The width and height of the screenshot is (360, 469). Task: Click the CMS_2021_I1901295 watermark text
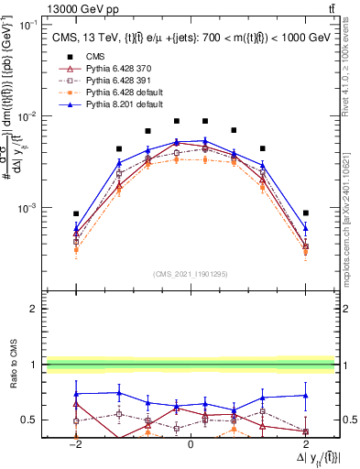[x=191, y=274]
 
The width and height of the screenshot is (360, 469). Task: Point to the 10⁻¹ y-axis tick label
[x=28, y=26]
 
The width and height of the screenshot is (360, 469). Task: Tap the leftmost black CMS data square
[x=77, y=213]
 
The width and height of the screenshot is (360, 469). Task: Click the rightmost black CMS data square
[x=306, y=213]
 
